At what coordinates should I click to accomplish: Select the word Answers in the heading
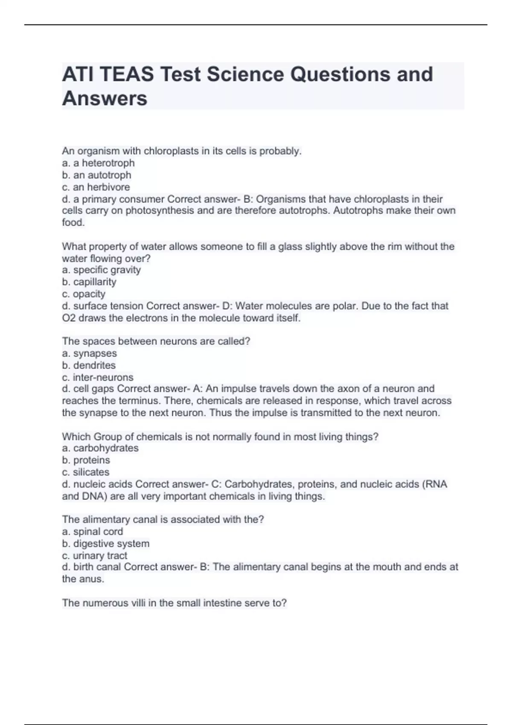pos(105,99)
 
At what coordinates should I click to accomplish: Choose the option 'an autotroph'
pos(102,175)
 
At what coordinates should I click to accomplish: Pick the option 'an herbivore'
pos(102,187)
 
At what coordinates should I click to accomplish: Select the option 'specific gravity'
pos(107,270)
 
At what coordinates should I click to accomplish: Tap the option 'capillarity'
pos(95,282)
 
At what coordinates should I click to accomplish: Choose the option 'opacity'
pos(89,294)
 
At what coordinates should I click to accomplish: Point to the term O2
pos(69,318)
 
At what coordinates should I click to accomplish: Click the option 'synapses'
pos(95,353)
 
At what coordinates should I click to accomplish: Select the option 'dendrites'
pos(94,365)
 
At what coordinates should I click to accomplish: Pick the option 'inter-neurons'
pos(103,377)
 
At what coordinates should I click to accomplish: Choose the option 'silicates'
pos(91,472)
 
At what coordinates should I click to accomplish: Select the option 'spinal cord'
pos(98,531)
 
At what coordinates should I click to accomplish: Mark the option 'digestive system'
pos(111,543)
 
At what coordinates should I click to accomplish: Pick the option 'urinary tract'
pos(100,556)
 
